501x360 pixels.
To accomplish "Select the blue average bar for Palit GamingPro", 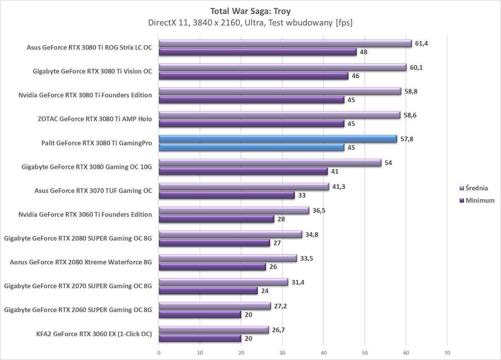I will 278,139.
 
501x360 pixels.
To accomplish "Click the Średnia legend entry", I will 476,188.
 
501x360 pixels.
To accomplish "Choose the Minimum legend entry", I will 480,201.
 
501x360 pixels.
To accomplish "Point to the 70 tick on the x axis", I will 447,353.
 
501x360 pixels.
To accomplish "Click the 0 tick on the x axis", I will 159,353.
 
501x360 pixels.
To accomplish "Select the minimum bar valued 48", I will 257,52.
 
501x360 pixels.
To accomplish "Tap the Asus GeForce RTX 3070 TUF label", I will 93,191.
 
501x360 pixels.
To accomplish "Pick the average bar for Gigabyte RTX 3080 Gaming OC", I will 270,163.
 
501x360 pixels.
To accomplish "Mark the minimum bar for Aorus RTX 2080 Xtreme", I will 212,267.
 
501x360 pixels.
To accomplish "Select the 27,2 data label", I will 280,306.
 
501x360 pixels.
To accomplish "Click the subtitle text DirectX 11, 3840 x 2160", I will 250,23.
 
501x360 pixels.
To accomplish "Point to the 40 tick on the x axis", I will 323,353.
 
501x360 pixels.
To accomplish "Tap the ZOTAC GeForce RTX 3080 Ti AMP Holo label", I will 95,119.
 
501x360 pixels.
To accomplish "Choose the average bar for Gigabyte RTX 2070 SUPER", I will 223,282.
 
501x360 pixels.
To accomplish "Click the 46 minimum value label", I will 355,76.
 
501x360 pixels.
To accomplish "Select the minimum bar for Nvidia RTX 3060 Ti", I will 216,219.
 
